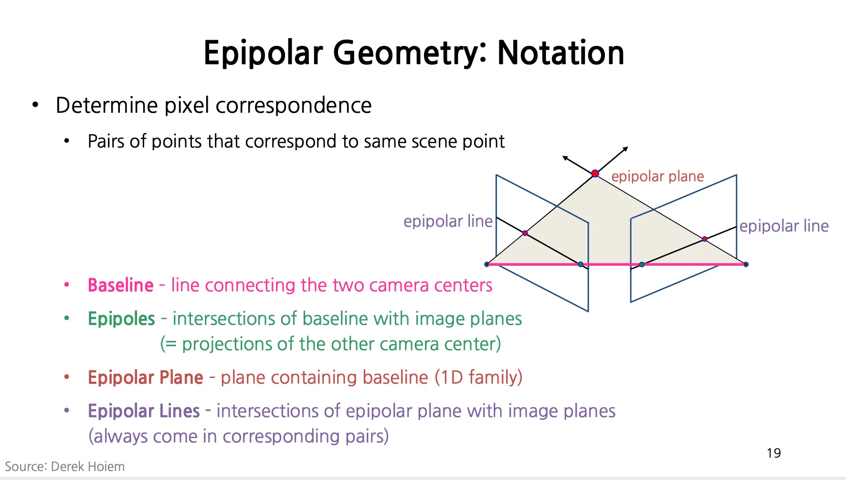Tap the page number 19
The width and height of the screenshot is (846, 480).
(774, 453)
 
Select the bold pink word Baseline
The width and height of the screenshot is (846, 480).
(121, 285)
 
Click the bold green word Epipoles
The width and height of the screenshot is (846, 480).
(121, 319)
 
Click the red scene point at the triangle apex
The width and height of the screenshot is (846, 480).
(595, 174)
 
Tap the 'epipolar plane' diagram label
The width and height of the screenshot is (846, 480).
(657, 176)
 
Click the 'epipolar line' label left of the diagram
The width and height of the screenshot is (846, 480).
(448, 221)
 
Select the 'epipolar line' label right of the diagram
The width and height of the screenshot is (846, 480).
(784, 226)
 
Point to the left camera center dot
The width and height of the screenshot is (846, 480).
(486, 264)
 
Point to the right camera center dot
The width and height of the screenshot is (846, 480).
(746, 264)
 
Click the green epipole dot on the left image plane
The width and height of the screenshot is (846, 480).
(581, 264)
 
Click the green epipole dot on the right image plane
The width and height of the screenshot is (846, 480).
(642, 264)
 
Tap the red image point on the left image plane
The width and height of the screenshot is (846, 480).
(525, 233)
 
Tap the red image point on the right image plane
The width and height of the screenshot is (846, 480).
(705, 239)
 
